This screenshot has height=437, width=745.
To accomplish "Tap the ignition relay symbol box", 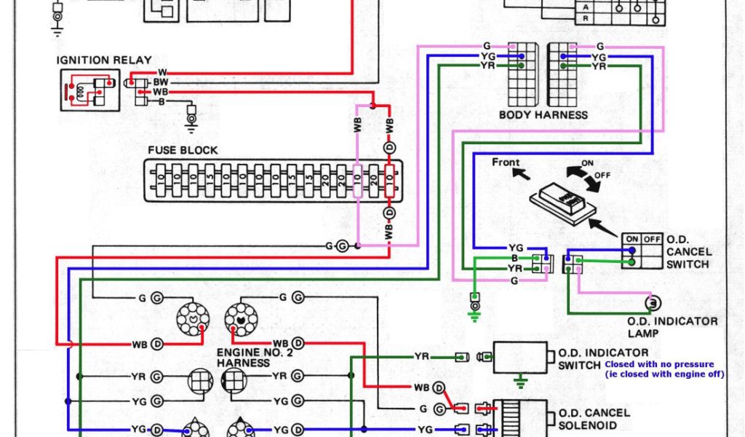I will coord(89,90).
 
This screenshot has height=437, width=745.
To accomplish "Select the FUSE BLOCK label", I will coord(183,150).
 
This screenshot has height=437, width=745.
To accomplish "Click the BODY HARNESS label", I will coord(543,115).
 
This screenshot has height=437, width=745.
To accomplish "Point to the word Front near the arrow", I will coord(506,162).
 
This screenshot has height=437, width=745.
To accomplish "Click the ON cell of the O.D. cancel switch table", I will coord(632,239).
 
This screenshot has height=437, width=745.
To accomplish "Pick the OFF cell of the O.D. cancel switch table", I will coord(651,239).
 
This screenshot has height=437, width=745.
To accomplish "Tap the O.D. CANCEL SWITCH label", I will coord(688,251).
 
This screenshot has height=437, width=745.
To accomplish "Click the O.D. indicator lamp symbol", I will coord(653,302).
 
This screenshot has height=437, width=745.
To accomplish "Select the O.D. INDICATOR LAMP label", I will coord(672,327).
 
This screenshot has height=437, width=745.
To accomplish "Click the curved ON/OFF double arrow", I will coord(581,176).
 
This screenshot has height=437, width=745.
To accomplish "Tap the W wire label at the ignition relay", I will coord(162,72).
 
